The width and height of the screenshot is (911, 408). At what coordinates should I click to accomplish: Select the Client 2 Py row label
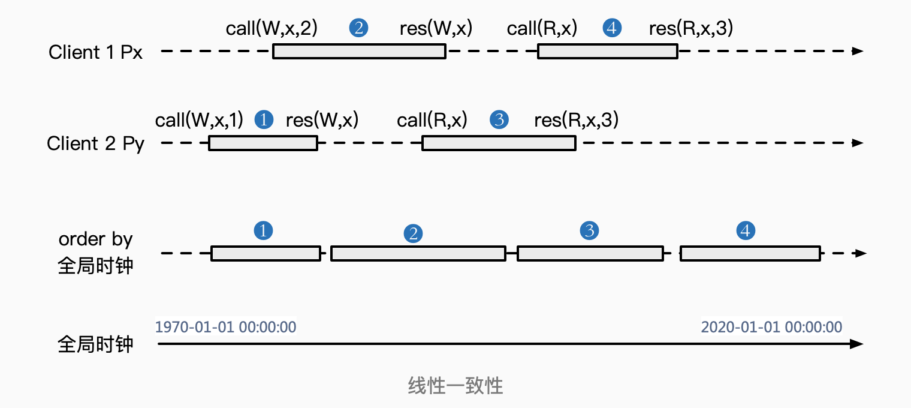(x=95, y=144)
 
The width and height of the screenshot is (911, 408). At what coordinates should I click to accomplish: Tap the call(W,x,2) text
(x=271, y=28)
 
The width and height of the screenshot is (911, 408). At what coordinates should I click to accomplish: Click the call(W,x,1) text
(x=199, y=120)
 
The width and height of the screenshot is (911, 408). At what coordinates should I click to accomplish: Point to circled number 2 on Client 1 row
(x=358, y=28)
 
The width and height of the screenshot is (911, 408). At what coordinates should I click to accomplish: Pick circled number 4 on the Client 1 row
(x=612, y=28)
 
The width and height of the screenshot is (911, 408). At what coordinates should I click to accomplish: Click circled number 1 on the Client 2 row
(x=264, y=120)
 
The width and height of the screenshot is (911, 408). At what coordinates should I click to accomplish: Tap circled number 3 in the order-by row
(x=590, y=230)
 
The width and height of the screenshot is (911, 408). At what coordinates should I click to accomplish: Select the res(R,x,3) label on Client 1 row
(x=691, y=28)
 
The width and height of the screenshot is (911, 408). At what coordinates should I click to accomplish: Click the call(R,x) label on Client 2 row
(x=432, y=120)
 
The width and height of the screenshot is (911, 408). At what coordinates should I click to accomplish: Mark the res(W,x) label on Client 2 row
(x=322, y=120)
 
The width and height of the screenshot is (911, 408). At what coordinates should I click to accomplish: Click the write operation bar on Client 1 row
(x=359, y=52)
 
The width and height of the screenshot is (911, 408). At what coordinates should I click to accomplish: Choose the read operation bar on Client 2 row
(x=499, y=143)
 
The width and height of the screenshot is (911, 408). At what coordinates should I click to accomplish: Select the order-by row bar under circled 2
(x=418, y=254)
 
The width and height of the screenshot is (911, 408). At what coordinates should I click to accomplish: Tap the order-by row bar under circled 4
(x=750, y=254)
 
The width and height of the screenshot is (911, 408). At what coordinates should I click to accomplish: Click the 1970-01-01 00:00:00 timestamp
(x=225, y=328)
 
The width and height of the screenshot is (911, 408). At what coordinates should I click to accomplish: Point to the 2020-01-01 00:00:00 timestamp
(x=771, y=328)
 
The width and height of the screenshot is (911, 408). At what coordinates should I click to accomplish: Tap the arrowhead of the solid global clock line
(x=858, y=344)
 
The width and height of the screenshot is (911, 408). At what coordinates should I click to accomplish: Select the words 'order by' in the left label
(x=95, y=239)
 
